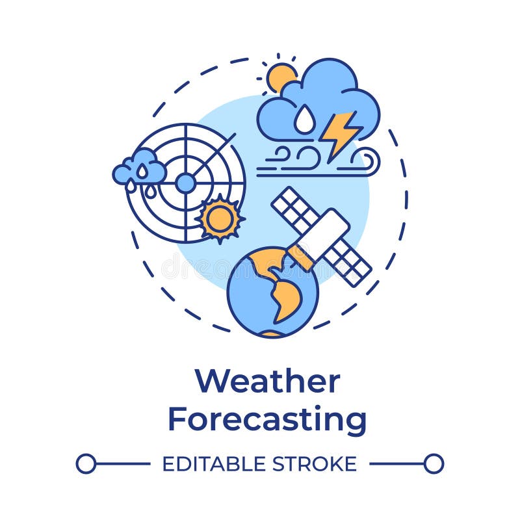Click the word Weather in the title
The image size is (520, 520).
[x=267, y=382]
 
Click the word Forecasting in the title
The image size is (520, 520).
[x=267, y=419]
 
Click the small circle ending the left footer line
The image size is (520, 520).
[x=86, y=463]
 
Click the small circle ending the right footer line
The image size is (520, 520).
[x=434, y=463]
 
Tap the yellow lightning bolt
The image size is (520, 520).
[x=339, y=133]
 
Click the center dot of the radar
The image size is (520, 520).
[x=185, y=183]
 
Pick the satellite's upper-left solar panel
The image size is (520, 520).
[x=296, y=210]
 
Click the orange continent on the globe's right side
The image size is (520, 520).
[x=287, y=299]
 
